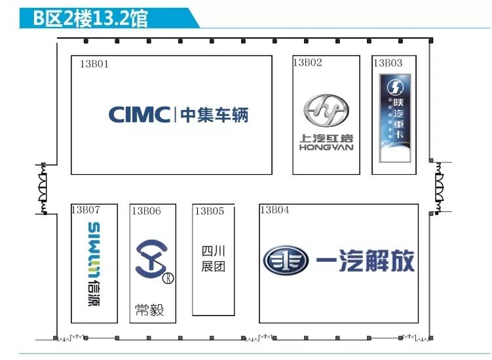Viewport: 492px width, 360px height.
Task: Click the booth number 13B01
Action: (94, 64)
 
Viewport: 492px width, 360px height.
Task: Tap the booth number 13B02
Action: (307, 63)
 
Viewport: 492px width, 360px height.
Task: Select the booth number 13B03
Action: (388, 63)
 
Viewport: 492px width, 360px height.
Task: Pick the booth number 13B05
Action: (209, 211)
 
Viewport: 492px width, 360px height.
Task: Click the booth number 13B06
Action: (145, 211)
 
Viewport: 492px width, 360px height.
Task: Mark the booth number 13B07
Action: (85, 210)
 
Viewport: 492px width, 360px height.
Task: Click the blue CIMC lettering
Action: (139, 115)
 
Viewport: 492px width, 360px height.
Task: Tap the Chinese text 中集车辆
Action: (214, 115)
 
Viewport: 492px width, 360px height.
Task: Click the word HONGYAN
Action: (326, 147)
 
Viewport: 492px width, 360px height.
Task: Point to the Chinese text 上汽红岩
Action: (326, 138)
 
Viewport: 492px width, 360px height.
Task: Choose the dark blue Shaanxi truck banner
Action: (396, 117)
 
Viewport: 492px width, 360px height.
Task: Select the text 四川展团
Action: (213, 259)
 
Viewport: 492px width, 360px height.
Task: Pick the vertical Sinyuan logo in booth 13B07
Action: (94, 264)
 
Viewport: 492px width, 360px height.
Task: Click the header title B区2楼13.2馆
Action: (92, 18)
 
